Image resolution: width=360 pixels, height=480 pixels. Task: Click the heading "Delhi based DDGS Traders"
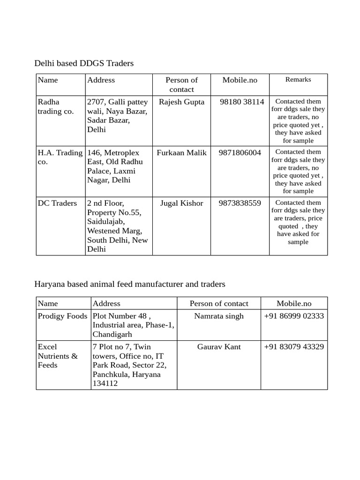[84, 63]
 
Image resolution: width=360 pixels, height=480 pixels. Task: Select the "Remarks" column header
[298, 80]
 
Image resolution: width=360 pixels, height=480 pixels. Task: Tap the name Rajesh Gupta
[181, 102]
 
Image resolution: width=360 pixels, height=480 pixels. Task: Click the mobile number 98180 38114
[242, 102]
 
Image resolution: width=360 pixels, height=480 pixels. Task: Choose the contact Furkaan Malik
[181, 153]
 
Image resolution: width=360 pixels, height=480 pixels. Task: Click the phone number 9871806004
[240, 153]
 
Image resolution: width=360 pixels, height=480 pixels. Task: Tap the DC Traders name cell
[57, 203]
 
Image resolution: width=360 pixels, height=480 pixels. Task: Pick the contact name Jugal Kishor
[181, 203]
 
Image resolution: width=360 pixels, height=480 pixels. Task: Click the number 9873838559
[240, 203]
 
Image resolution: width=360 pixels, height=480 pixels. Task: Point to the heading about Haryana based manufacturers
[130, 284]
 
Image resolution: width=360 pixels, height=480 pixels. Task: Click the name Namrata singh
[219, 316]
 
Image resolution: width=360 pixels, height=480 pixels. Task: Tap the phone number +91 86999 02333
[294, 316]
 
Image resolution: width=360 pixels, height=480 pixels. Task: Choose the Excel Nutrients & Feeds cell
[58, 356]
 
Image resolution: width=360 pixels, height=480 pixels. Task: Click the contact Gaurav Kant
[219, 347]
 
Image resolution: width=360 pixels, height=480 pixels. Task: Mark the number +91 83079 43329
[294, 347]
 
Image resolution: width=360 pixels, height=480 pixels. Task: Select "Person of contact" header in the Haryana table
[219, 304]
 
